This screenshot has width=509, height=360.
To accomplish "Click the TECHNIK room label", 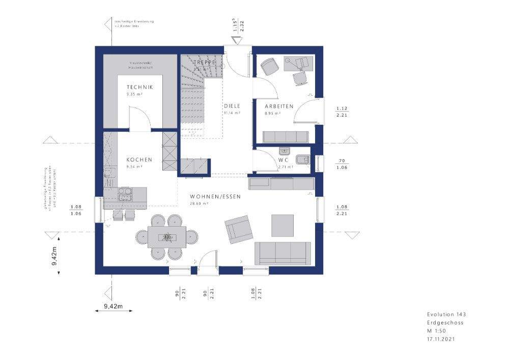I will (x=140, y=87).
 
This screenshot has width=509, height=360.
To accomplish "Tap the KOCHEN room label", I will (x=139, y=160).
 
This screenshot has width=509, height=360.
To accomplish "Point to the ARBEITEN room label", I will (x=279, y=106).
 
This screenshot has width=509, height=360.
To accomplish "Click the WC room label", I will (x=284, y=160).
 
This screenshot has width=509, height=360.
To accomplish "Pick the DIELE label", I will (x=232, y=106).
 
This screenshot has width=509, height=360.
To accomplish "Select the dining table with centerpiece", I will (x=166, y=237).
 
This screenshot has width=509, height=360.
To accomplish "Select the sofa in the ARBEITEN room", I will (x=285, y=136).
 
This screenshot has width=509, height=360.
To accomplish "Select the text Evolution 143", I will (x=446, y=315).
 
